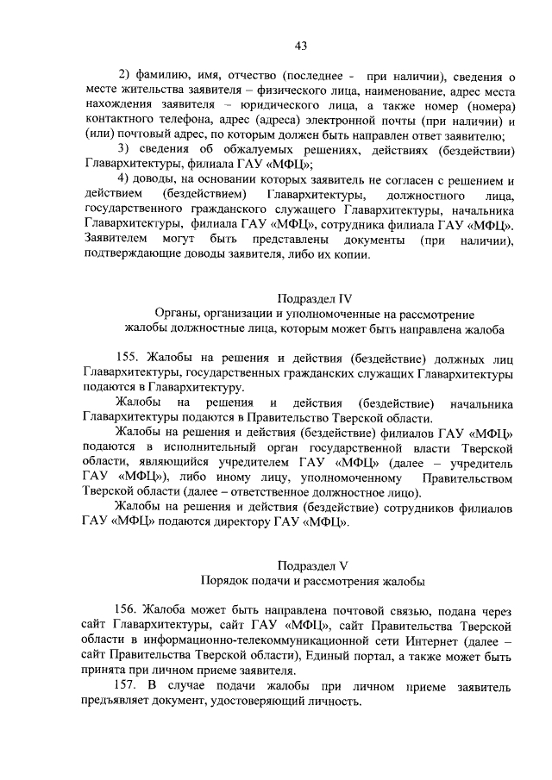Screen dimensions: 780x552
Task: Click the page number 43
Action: [x=300, y=46]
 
